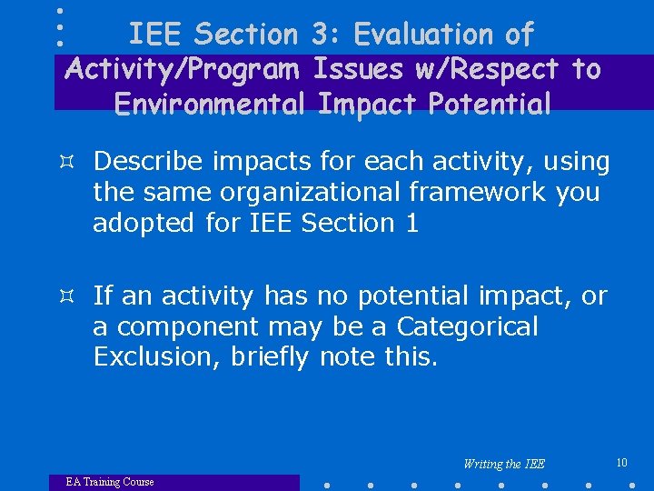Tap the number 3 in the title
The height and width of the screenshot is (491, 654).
pos(319,35)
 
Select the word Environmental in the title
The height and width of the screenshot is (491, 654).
pos(211,104)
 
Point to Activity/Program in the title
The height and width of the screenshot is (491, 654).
pos(184,69)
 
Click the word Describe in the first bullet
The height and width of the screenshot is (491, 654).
pos(149,162)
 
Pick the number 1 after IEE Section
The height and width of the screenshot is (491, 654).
pos(411,224)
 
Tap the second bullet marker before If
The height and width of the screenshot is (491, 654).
pos(75,296)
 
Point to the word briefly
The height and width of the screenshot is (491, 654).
pos(270,357)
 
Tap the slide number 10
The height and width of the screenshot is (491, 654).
pos(621,463)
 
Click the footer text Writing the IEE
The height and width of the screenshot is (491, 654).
pos(504,464)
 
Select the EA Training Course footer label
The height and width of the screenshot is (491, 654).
pos(110,482)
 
